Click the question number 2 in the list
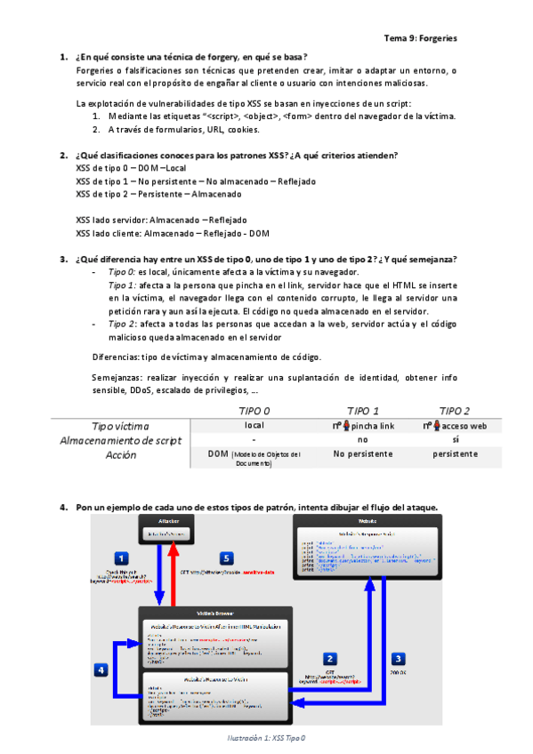tap(63, 155)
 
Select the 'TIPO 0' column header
tap(255, 411)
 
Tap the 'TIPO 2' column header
tap(455, 411)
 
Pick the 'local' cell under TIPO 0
tap(254, 426)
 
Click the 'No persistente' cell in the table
tap(362, 453)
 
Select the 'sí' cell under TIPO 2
tap(455, 439)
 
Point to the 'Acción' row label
tap(121, 454)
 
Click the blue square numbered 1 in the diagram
tap(123, 558)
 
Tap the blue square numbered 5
tap(226, 558)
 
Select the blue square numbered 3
tap(399, 659)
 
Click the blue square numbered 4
tap(102, 670)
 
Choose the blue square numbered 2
tap(329, 659)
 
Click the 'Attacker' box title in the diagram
tap(171, 519)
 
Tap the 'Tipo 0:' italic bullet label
tap(121, 271)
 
